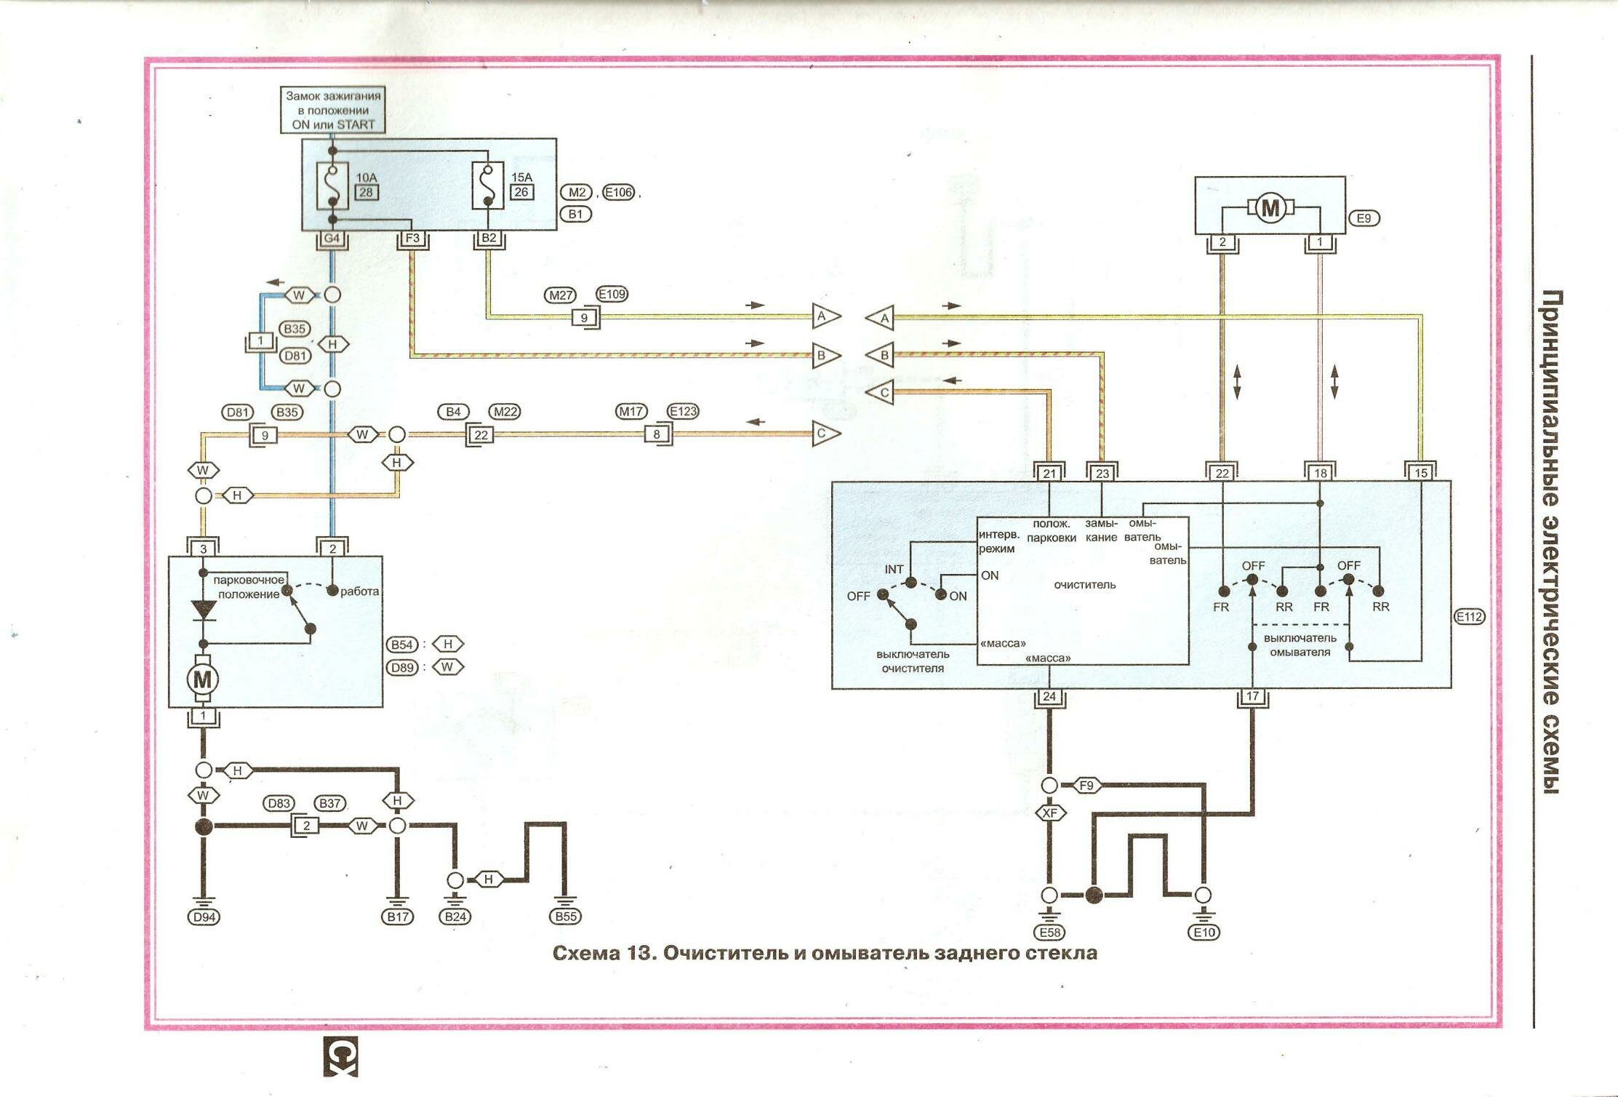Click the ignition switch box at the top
pos(333,110)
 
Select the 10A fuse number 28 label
pos(367,192)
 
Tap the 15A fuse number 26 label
pos(521,192)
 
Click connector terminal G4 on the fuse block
pos(332,239)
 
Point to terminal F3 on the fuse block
pos(412,239)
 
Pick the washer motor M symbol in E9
pos(1270,209)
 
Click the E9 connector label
pos(1363,218)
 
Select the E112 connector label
pos(1469,617)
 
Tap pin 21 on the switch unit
pos(1049,474)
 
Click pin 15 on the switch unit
pos(1421,474)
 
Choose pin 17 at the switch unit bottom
pos(1252,697)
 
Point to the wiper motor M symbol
pos(202,680)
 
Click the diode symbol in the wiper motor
pos(204,610)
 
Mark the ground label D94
pos(204,917)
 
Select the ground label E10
pos(1204,933)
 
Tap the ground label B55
pos(566,917)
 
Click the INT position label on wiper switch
pos(894,570)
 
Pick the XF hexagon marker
pos(1049,813)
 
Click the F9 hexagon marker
pos(1086,786)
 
